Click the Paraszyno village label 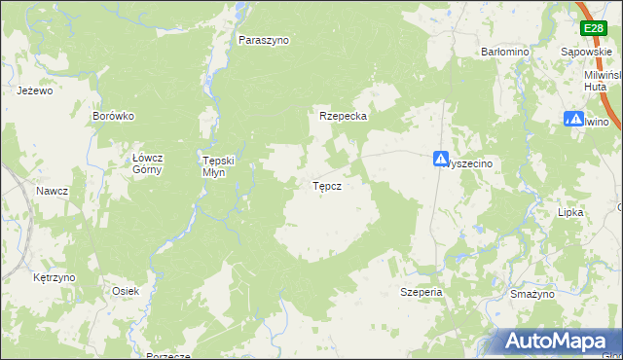[264, 41]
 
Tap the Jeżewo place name [34, 90]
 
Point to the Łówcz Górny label [147, 163]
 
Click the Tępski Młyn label [212, 166]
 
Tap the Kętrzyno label [54, 277]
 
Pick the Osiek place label [126, 291]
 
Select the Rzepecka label [342, 116]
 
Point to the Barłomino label [503, 51]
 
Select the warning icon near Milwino [573, 120]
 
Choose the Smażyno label [531, 293]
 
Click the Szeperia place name [421, 292]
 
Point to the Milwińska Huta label [601, 80]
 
